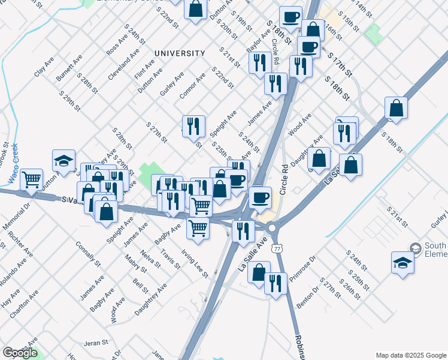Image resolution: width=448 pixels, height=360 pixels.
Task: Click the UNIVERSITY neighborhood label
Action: point(180,53)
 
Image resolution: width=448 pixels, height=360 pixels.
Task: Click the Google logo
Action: point(20,353)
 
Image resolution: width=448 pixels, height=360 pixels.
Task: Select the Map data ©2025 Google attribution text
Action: point(411,355)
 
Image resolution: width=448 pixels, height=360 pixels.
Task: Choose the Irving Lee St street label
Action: point(195,265)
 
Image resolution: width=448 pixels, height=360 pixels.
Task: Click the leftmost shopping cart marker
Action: point(31,179)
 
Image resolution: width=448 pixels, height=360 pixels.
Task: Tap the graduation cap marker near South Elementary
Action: point(402,262)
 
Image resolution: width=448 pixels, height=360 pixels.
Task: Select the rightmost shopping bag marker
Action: point(396,108)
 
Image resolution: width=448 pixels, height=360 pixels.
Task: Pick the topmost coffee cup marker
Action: point(290,16)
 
